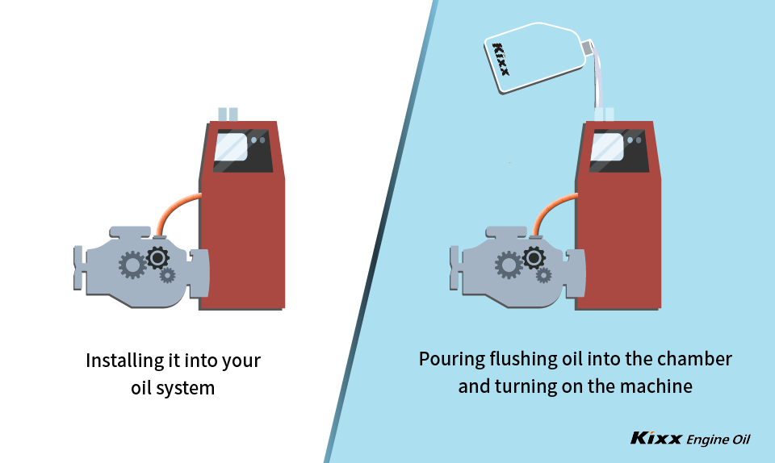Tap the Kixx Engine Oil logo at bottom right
tap(690, 439)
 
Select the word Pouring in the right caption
tap(449, 359)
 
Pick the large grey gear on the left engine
tap(132, 264)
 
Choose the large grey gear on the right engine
tap(508, 264)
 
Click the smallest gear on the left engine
tap(167, 275)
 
